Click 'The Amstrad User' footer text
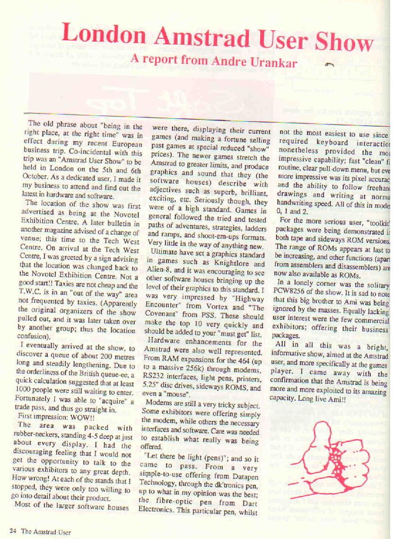pyautogui.click(x=46, y=531)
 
